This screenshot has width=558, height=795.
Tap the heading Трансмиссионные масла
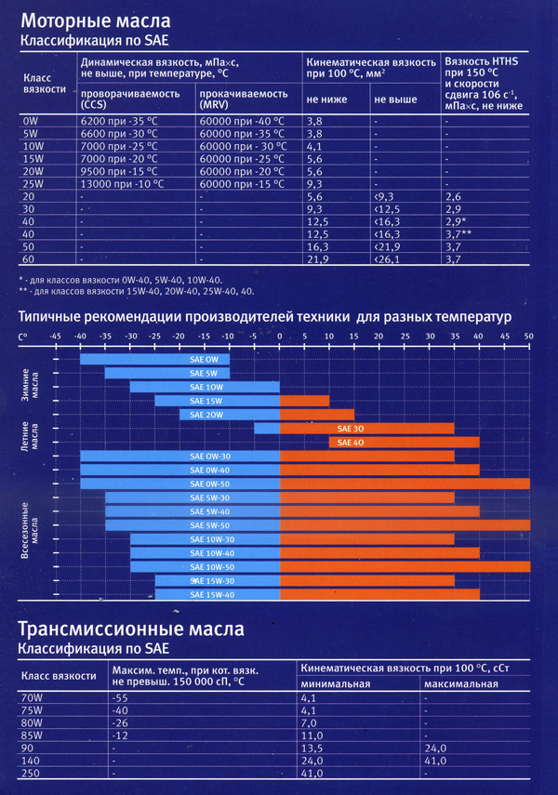tap(131, 629)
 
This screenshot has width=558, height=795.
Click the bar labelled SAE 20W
tap(206, 415)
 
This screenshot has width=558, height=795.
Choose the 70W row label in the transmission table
tap(33, 698)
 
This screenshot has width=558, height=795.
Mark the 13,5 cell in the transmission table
tap(312, 746)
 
